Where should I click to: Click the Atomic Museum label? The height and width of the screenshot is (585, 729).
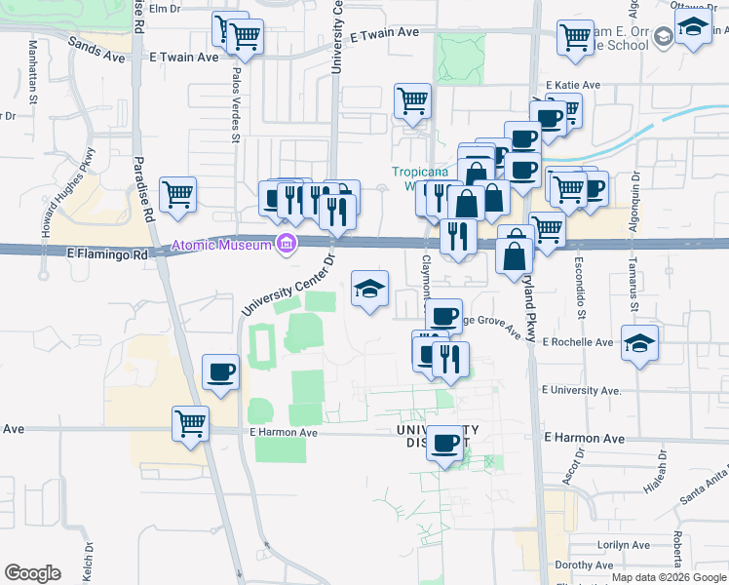[221, 245]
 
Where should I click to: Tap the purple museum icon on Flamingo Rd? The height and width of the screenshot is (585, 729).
[286, 243]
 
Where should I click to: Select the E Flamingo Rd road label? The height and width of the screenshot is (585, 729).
[107, 253]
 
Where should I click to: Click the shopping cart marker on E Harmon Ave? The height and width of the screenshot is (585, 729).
[190, 424]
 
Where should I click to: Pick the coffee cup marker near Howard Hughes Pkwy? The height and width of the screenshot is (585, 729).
[220, 372]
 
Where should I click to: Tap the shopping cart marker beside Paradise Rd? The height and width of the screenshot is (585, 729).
[178, 195]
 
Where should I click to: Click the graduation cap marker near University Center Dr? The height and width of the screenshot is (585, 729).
[369, 289]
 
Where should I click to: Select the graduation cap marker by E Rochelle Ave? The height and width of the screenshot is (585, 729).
[639, 344]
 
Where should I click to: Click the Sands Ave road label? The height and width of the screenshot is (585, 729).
[96, 50]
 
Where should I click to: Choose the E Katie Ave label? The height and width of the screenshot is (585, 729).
[573, 86]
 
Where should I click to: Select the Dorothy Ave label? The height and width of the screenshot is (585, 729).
[583, 565]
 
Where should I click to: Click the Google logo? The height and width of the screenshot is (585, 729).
[32, 573]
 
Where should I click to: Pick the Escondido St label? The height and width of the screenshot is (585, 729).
[580, 289]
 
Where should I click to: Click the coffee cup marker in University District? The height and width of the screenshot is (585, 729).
[446, 443]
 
